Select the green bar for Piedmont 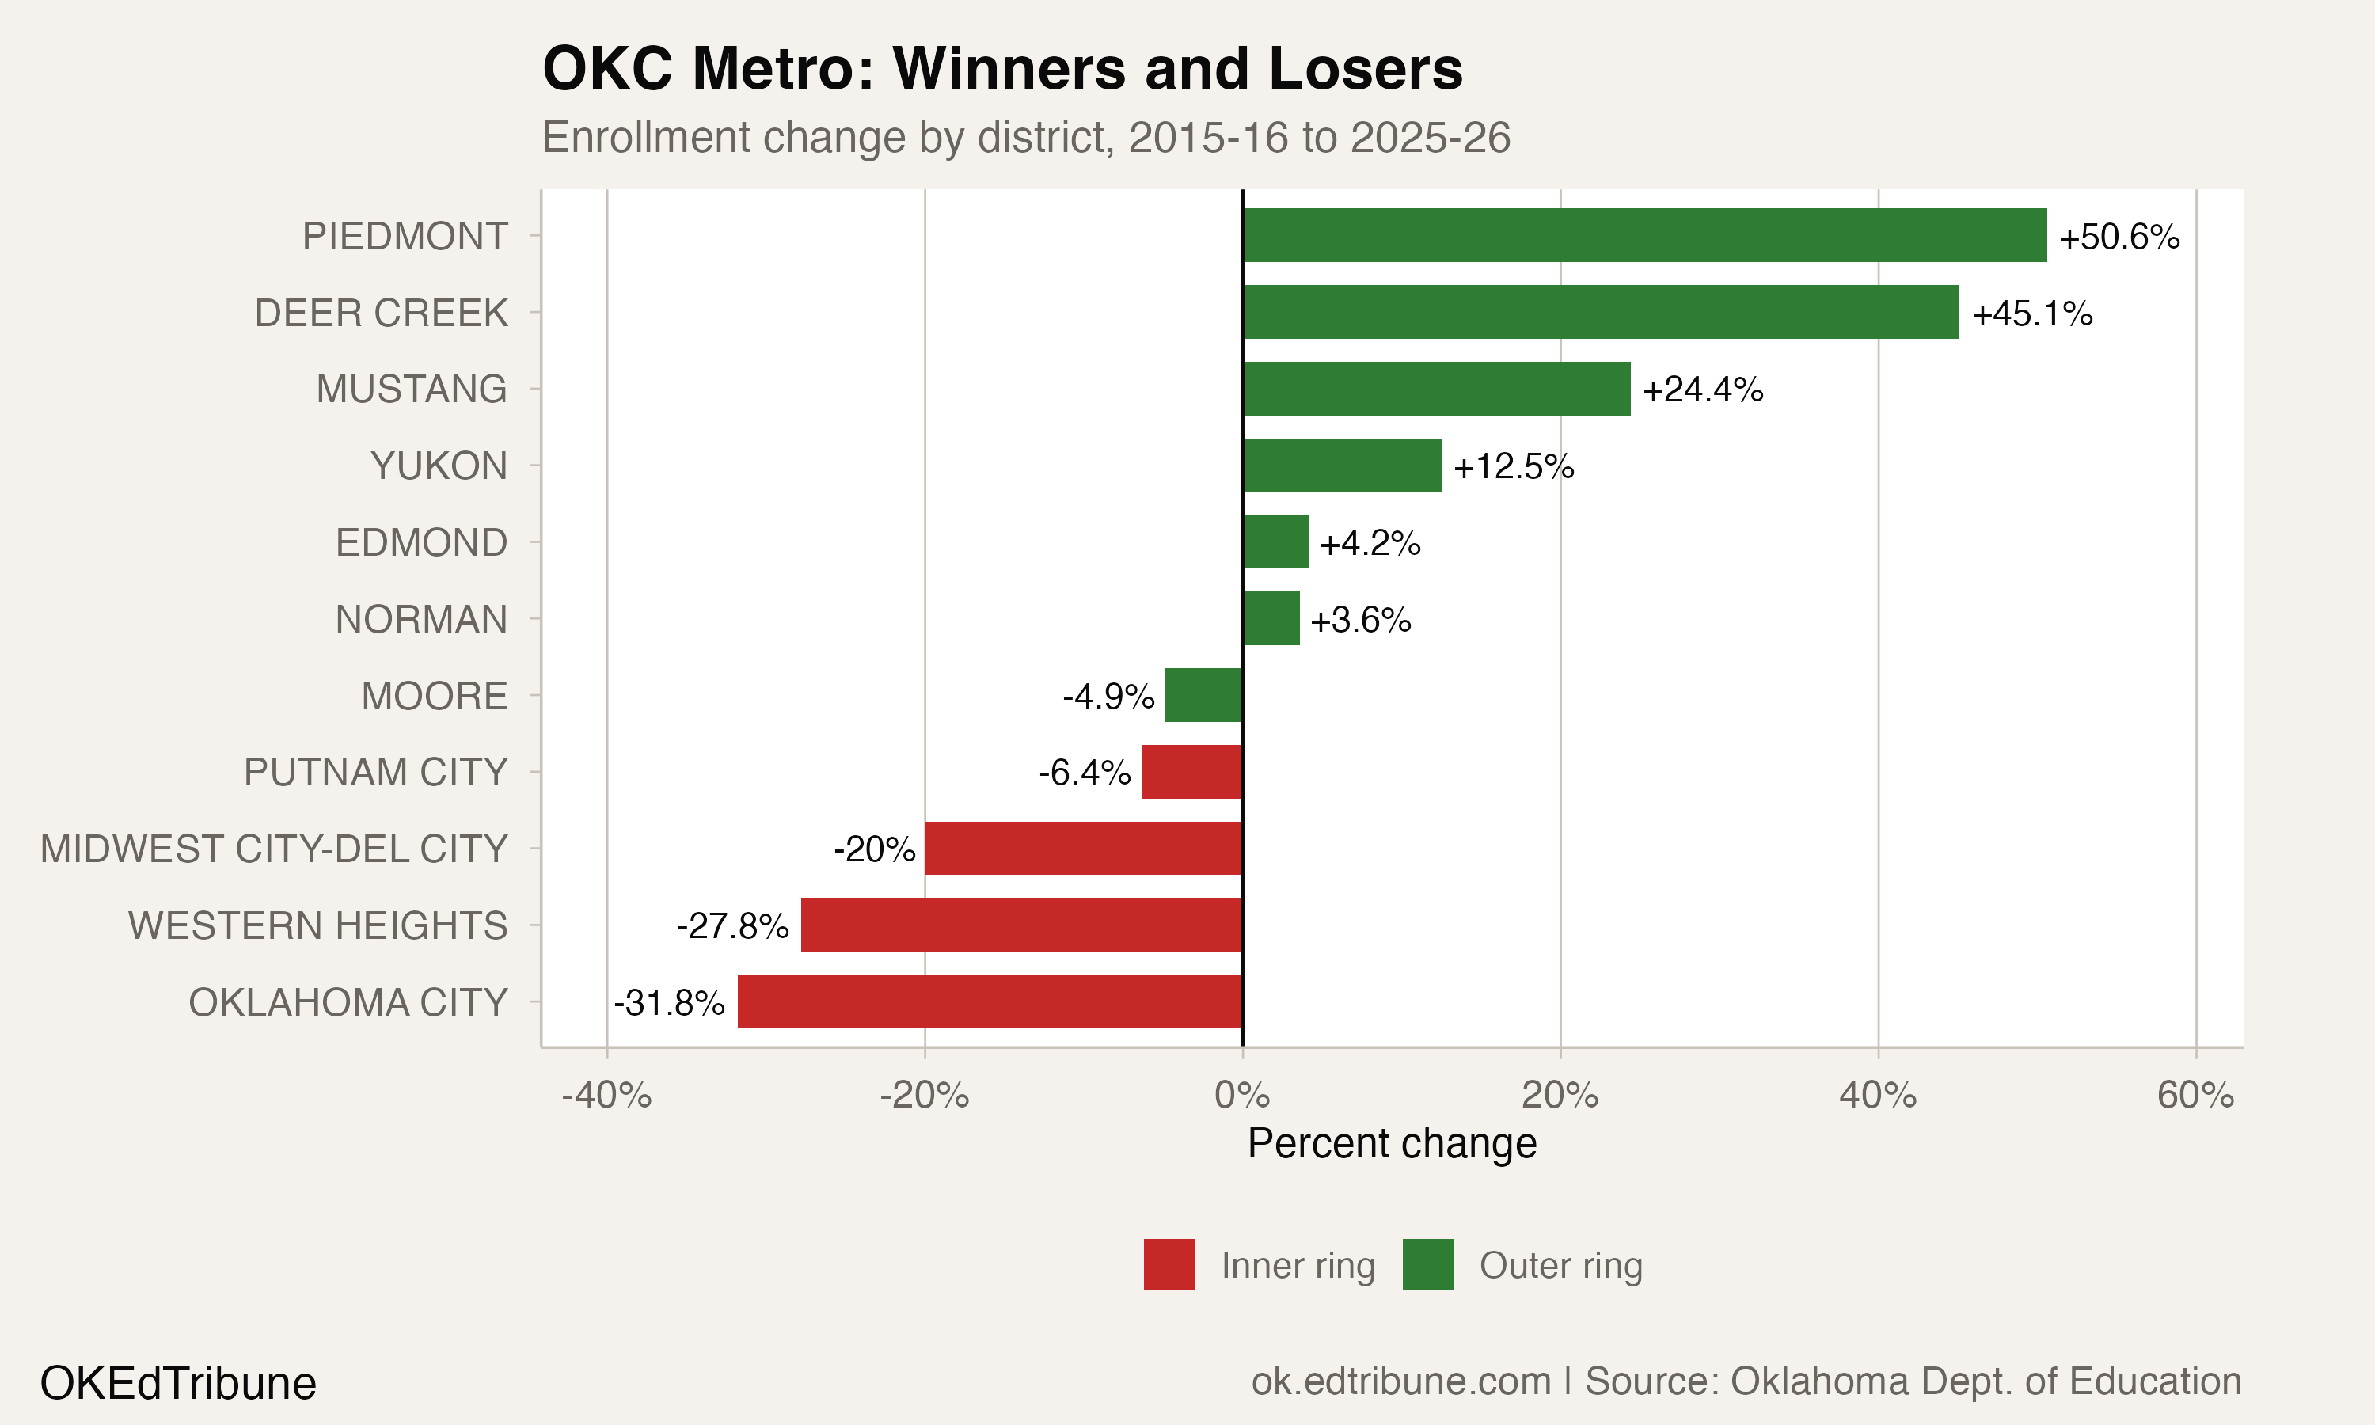tap(1643, 235)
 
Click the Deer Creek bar tap(1600, 312)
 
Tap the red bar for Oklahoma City tap(990, 1001)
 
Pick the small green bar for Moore tap(1204, 695)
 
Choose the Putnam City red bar tap(1191, 772)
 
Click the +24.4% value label tap(1702, 389)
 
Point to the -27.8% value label tap(732, 925)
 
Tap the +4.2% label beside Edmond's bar tap(1369, 544)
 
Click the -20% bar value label tap(873, 849)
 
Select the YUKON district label tap(439, 465)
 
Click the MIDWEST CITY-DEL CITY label tap(274, 849)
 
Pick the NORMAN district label tap(420, 619)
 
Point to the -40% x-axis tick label tap(606, 1096)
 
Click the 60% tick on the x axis tap(2194, 1096)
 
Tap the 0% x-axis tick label tap(1242, 1096)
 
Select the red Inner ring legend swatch tap(1168, 1264)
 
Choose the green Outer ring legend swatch tap(1427, 1264)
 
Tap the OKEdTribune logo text tap(177, 1384)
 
